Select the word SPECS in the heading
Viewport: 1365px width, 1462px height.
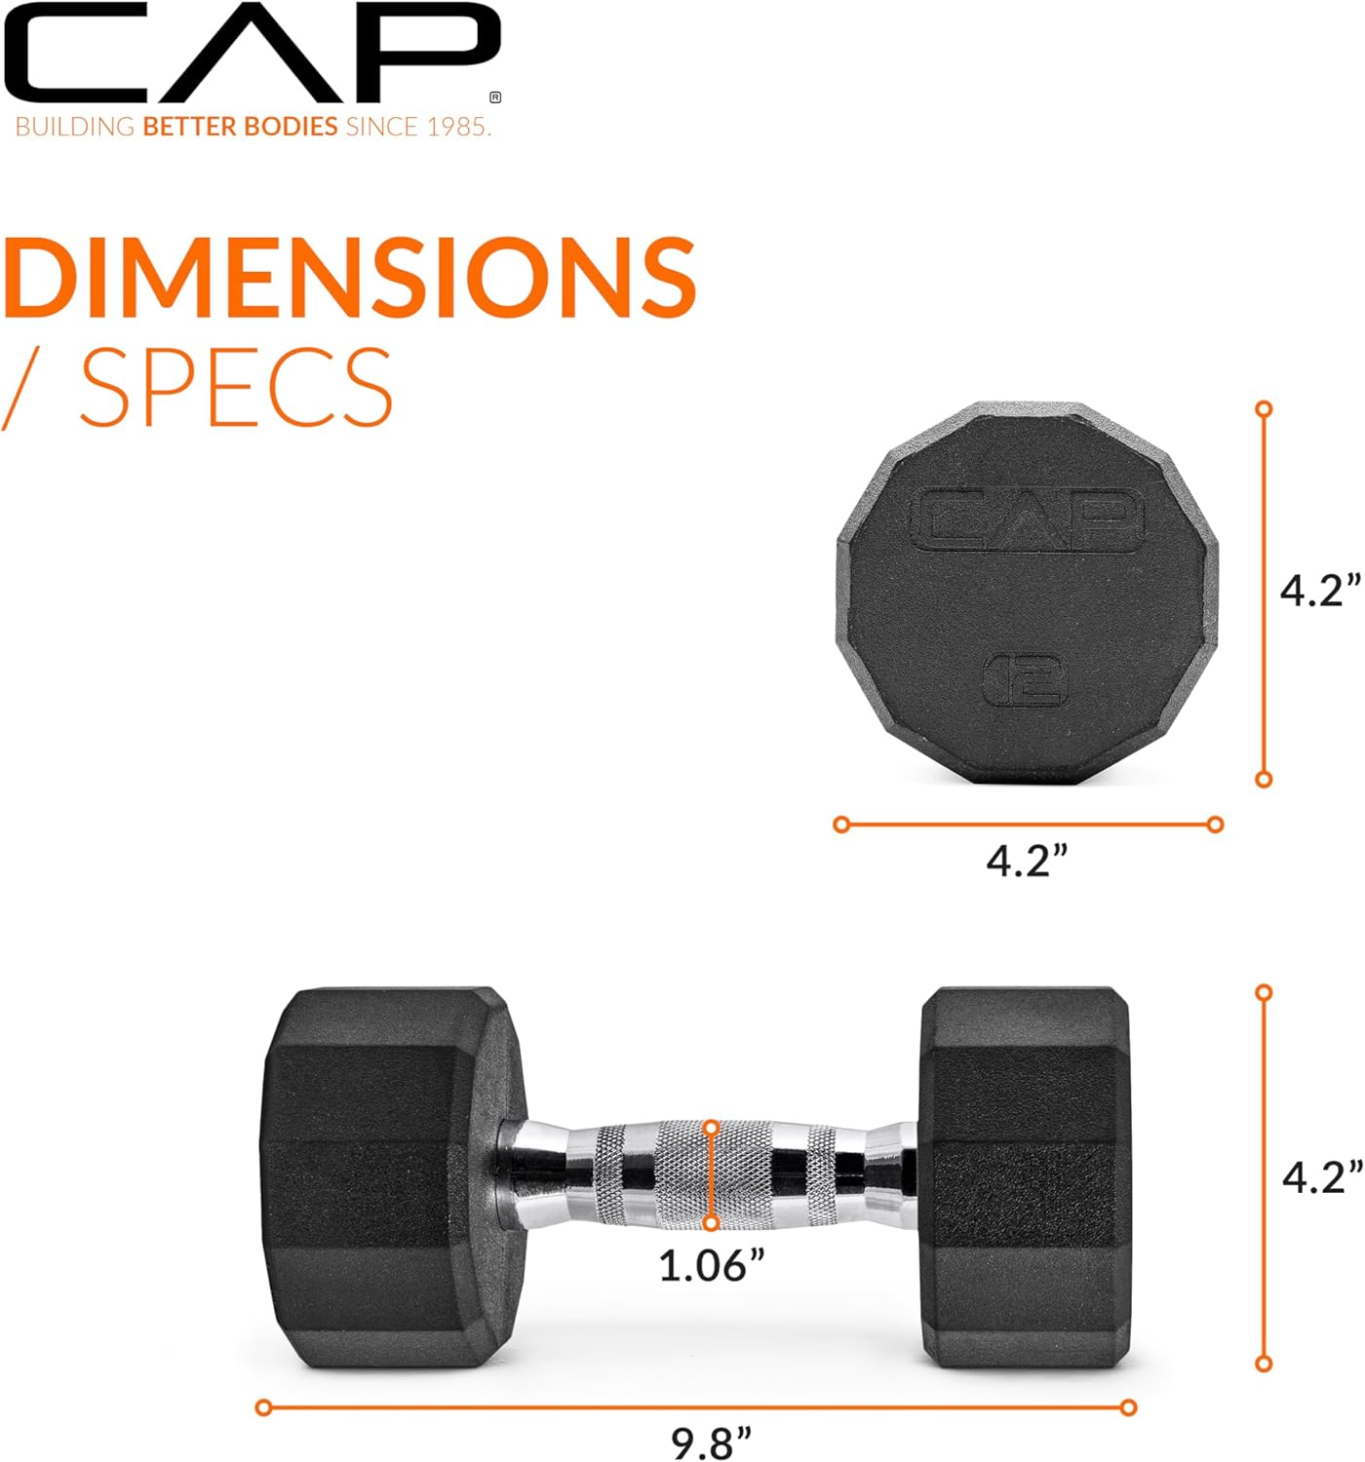236,387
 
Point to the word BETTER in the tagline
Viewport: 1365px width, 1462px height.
191,127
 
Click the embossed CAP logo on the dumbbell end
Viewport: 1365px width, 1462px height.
1027,519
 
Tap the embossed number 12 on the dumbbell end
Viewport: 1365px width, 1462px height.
1025,678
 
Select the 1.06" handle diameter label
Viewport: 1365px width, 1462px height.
711,1265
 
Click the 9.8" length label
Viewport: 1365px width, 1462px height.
712,1442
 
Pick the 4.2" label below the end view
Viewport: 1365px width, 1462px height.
1027,861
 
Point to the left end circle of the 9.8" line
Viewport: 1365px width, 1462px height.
263,1407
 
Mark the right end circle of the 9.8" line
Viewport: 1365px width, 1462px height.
1128,1407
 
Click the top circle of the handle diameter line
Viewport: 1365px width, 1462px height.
712,1128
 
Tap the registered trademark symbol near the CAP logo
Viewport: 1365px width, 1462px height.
495,97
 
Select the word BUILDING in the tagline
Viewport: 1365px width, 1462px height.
75,127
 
